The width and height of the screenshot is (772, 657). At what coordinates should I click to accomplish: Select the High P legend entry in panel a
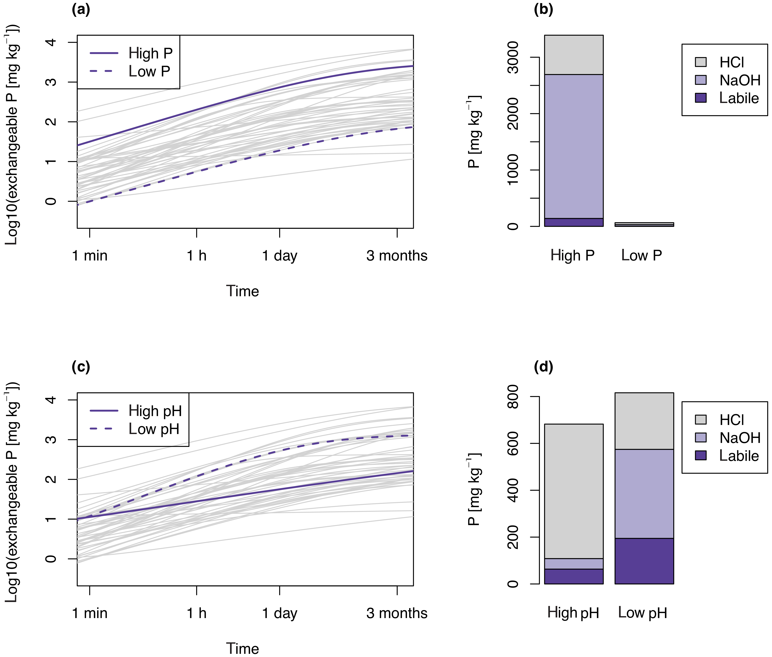(x=150, y=53)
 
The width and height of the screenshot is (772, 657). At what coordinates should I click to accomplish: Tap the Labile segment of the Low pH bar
(x=644, y=561)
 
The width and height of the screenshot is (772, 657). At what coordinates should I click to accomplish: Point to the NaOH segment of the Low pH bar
(x=644, y=493)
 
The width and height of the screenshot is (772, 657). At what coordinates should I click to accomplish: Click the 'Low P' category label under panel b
(x=642, y=256)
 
